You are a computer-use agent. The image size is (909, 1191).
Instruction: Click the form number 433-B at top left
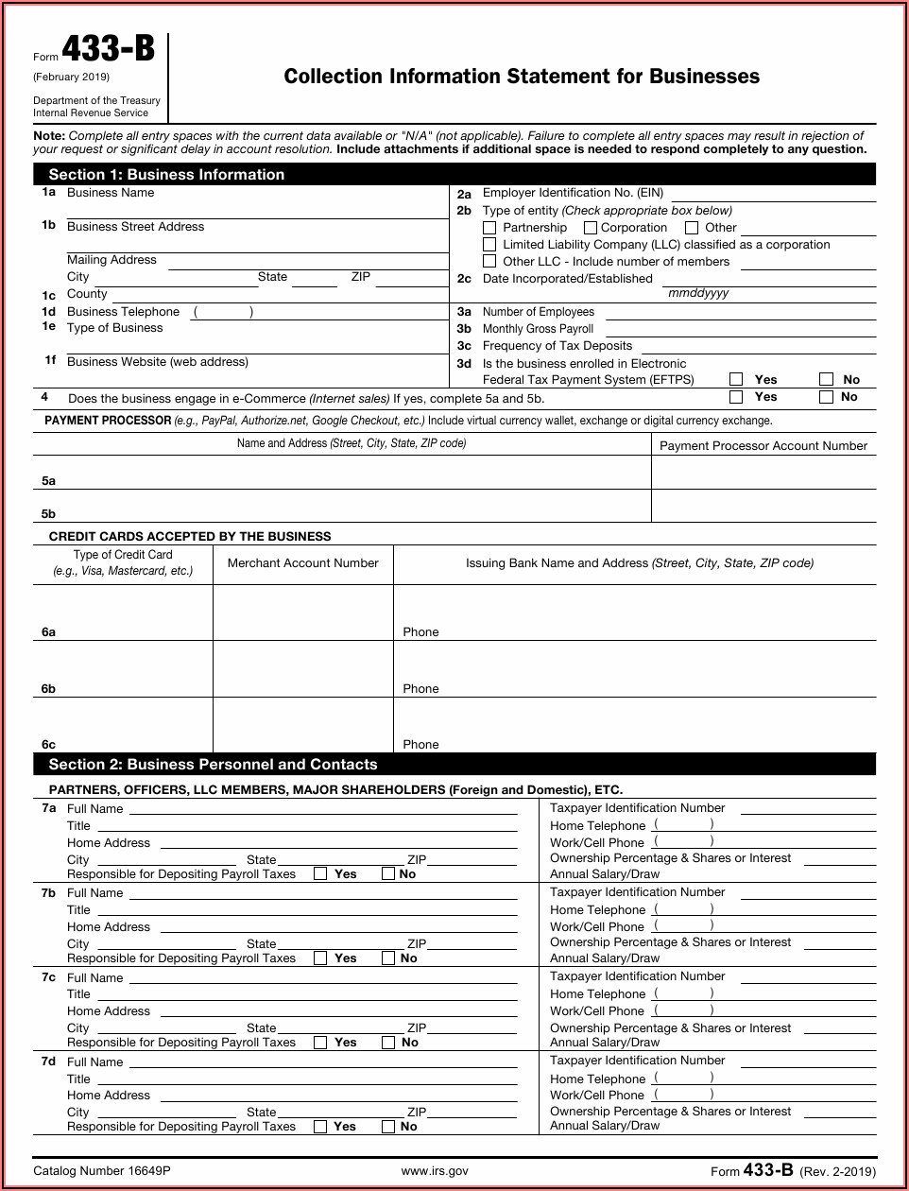[x=109, y=51]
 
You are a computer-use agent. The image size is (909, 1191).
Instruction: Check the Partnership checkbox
[x=489, y=228]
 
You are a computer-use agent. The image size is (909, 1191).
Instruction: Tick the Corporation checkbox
[x=591, y=228]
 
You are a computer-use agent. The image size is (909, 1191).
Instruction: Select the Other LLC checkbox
[x=489, y=262]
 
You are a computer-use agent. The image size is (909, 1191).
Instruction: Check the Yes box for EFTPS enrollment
[x=736, y=379]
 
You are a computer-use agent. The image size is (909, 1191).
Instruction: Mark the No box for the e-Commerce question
[x=826, y=397]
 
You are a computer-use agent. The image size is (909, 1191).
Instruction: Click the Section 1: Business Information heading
[x=166, y=175]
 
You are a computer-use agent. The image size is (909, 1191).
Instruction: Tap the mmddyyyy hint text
[x=698, y=293]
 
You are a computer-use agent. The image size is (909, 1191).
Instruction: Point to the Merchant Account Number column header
[x=303, y=563]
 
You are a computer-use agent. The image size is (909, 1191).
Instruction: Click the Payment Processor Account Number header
[x=763, y=446]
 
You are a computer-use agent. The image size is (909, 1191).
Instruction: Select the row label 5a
[x=48, y=481]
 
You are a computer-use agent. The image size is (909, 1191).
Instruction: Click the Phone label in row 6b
[x=420, y=689]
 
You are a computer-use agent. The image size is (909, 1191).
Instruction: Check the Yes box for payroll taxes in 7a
[x=320, y=874]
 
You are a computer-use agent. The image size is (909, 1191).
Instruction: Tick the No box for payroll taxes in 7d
[x=388, y=1127]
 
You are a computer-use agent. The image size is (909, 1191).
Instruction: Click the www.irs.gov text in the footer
[x=435, y=1171]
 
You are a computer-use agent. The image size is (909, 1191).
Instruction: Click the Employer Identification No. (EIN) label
[x=573, y=193]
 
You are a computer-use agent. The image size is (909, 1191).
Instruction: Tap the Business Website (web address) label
[x=158, y=362]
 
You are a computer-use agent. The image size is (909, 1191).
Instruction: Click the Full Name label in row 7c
[x=94, y=977]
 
